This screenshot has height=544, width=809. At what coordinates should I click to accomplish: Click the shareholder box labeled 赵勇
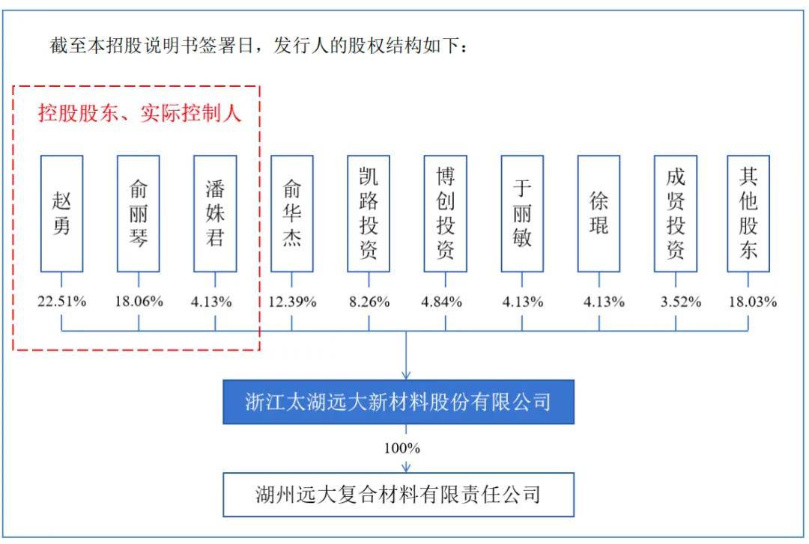61,213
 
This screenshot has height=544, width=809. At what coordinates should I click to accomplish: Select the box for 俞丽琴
139,213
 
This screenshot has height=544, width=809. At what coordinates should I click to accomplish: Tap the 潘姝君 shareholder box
215,213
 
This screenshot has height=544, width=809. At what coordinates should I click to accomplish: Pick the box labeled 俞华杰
292,213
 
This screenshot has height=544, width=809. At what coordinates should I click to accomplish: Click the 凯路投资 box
369,213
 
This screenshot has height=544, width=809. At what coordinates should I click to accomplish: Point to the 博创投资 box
445,213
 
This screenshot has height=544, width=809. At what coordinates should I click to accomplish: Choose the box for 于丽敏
522,213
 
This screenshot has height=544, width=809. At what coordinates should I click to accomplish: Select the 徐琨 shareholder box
599,213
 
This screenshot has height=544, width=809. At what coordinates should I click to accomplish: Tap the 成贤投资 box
675,213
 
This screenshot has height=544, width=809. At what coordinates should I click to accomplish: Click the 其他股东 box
748,213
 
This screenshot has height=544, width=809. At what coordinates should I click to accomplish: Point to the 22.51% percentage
62,302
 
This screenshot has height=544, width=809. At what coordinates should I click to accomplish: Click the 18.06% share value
139,302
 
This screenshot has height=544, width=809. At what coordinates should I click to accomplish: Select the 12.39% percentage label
292,302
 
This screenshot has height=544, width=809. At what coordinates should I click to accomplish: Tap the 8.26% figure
369,302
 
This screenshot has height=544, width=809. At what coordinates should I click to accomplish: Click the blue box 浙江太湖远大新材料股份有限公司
399,402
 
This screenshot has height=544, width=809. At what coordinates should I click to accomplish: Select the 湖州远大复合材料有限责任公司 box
398,495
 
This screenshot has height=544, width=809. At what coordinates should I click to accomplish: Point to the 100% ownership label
405,448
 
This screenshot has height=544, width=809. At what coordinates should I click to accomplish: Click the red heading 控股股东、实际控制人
140,114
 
